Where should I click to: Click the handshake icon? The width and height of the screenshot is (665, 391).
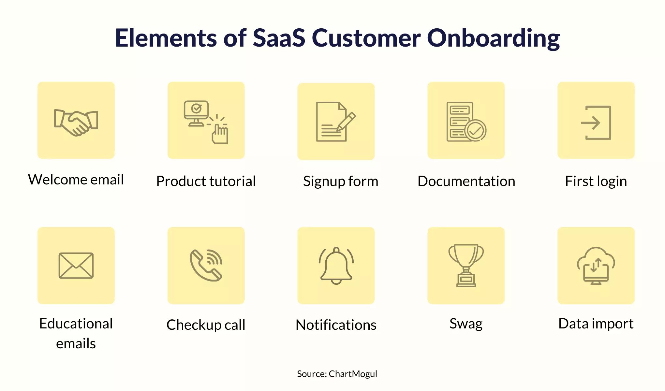(x=76, y=123)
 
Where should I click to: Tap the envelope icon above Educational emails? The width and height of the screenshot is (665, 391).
(x=76, y=266)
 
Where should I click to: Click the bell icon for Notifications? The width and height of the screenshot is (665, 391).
(x=336, y=266)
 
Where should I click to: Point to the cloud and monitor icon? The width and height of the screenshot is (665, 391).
(x=596, y=266)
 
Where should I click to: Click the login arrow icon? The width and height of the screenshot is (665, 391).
(x=596, y=123)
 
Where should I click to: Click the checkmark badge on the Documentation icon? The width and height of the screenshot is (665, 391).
(x=476, y=130)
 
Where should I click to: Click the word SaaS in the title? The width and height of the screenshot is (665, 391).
(x=279, y=38)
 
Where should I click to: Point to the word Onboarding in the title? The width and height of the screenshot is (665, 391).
(x=493, y=38)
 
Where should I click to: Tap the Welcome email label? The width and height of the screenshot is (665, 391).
(x=76, y=179)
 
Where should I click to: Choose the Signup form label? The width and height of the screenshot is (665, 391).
(x=341, y=181)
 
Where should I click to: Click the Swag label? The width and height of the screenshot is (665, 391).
(x=466, y=324)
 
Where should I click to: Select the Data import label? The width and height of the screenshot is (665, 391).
(x=596, y=324)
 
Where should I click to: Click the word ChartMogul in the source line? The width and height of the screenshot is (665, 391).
(x=353, y=374)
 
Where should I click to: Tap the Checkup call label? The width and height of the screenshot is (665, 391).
(x=206, y=325)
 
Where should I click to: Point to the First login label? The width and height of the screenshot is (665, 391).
(x=596, y=181)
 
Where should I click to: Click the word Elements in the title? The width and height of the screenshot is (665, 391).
(x=166, y=38)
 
